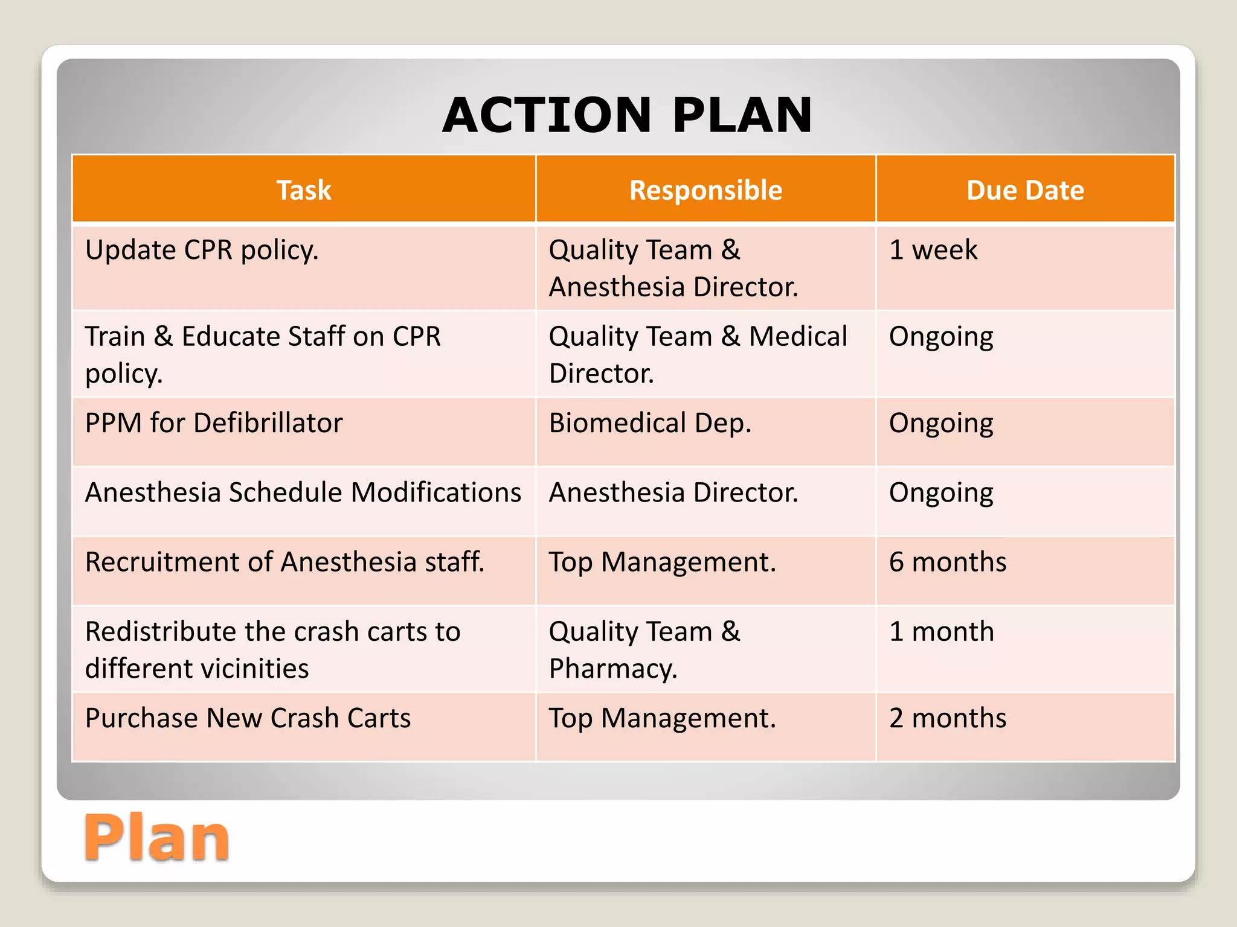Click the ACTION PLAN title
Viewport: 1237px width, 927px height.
tap(627, 115)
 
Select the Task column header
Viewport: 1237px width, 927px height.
tap(304, 190)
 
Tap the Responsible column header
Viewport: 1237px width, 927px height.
tap(705, 190)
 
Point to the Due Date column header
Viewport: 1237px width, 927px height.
tap(1025, 190)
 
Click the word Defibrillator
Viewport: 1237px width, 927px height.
tap(268, 423)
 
